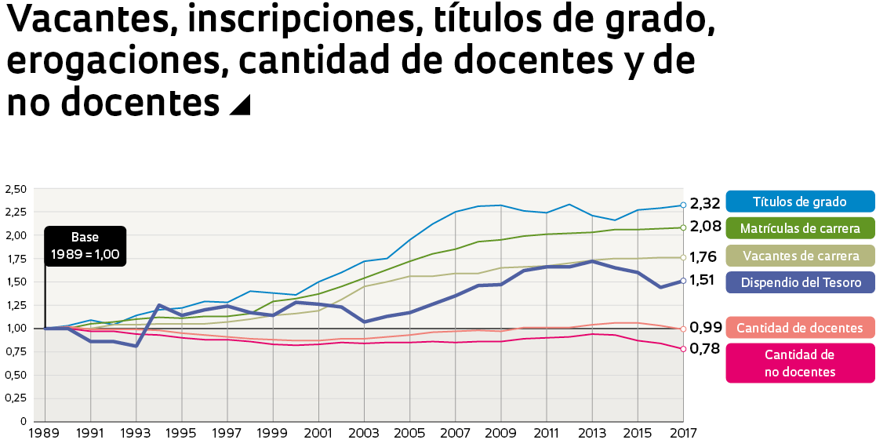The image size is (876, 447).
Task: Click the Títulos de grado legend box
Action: click(x=800, y=202)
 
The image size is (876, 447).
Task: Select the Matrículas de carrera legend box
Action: click(x=800, y=228)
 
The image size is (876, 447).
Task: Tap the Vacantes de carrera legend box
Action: click(x=800, y=256)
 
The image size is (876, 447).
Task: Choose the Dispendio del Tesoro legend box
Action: click(x=800, y=282)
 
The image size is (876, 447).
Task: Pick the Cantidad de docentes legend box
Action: click(x=800, y=328)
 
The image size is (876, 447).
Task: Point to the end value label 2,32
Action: click(x=705, y=204)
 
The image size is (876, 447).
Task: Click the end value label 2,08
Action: click(x=705, y=228)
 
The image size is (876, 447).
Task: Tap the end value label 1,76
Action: click(x=703, y=256)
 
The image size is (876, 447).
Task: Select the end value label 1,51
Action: click(x=703, y=280)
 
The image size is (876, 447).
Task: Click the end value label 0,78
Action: click(x=705, y=348)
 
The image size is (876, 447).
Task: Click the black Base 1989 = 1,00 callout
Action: click(x=85, y=245)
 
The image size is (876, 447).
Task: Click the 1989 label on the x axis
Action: click(x=45, y=432)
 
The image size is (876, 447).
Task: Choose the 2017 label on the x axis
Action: click(x=682, y=432)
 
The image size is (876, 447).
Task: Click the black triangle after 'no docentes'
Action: click(x=239, y=105)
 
